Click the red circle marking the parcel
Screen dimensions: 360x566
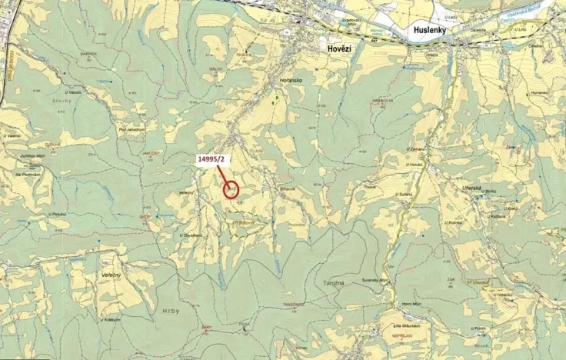click(x=231, y=189)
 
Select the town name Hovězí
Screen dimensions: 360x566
click(x=333, y=48)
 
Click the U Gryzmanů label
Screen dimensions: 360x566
click(x=190, y=235)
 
